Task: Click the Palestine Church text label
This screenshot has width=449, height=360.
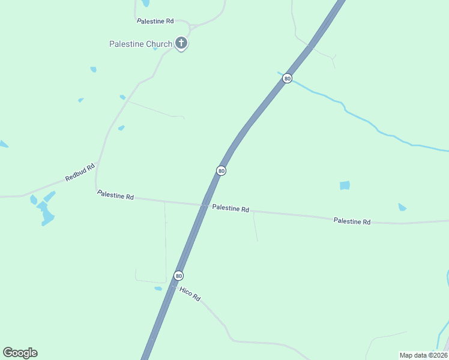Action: click(140, 44)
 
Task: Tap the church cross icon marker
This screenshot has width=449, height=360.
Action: click(181, 43)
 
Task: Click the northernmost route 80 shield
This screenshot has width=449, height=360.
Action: click(288, 79)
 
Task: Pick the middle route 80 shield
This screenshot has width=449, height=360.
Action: click(221, 171)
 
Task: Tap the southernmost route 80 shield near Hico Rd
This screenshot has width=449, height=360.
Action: click(178, 275)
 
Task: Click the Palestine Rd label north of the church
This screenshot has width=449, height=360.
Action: click(155, 21)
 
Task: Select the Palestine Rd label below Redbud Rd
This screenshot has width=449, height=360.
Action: click(115, 195)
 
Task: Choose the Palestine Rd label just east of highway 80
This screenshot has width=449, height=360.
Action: click(231, 209)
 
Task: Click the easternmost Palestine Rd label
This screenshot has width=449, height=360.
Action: click(352, 221)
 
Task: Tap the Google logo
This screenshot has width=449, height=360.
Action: click(20, 353)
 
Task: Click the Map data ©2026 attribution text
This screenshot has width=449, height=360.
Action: click(423, 355)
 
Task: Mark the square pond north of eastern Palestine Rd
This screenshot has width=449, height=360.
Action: click(345, 185)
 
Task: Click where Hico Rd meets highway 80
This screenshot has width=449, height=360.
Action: click(173, 287)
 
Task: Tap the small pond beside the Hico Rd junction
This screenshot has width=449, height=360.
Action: click(158, 289)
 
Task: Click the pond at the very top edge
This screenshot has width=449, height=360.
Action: click(145, 3)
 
